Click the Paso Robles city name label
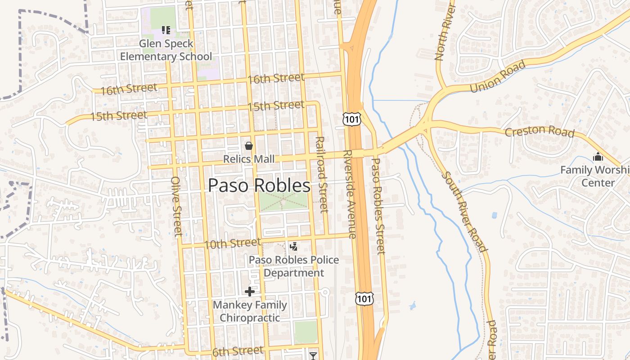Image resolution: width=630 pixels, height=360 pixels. pyautogui.click(x=259, y=185)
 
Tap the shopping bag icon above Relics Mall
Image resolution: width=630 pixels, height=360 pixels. pyautogui.click(x=248, y=146)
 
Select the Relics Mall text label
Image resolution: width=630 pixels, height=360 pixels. pyautogui.click(x=249, y=159)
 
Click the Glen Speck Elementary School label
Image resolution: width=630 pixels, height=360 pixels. pyautogui.click(x=166, y=50)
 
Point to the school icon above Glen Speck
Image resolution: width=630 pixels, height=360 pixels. pyautogui.click(x=166, y=30)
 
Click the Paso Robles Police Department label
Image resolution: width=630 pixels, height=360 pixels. pyautogui.click(x=294, y=266)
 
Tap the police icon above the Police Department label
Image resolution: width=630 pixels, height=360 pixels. pyautogui.click(x=294, y=246)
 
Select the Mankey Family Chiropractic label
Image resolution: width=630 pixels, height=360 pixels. pyautogui.click(x=250, y=311)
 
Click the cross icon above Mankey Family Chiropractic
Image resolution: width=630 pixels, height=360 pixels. pyautogui.click(x=250, y=292)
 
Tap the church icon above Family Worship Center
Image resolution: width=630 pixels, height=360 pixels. pyautogui.click(x=598, y=157)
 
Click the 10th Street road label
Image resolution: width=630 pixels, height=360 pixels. pyautogui.click(x=232, y=243)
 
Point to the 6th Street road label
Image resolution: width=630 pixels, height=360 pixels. pyautogui.click(x=238, y=351)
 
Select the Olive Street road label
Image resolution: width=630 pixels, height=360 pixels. pyautogui.click(x=176, y=206)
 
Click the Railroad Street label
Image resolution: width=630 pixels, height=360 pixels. pyautogui.click(x=321, y=174)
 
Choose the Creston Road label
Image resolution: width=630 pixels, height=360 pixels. pyautogui.click(x=539, y=131)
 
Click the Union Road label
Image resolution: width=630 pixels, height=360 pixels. pyautogui.click(x=497, y=77)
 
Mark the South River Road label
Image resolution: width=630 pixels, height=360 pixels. pyautogui.click(x=464, y=211)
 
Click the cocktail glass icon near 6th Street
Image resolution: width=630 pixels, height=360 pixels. pyautogui.click(x=313, y=356)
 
